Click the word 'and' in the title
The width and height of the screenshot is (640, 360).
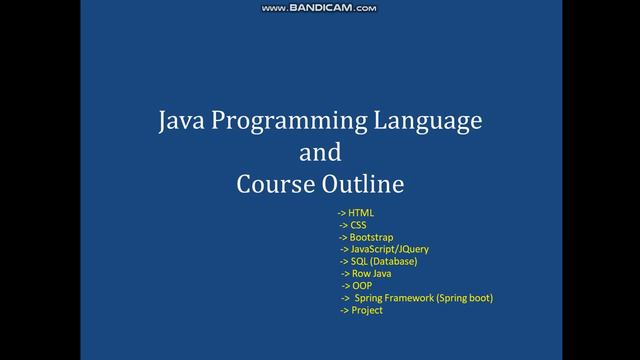pos(320,153)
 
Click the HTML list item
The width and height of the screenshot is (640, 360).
pos(361,214)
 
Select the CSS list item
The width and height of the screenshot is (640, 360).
pos(358,226)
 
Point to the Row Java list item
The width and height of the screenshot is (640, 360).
pos(370,274)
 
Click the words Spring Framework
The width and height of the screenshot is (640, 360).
pos(397,298)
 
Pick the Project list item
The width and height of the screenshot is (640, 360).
pos(366,310)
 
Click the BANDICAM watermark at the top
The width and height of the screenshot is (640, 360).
pos(319,8)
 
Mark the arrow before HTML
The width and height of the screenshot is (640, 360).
pos(341,214)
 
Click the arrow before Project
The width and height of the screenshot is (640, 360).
pos(343,310)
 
